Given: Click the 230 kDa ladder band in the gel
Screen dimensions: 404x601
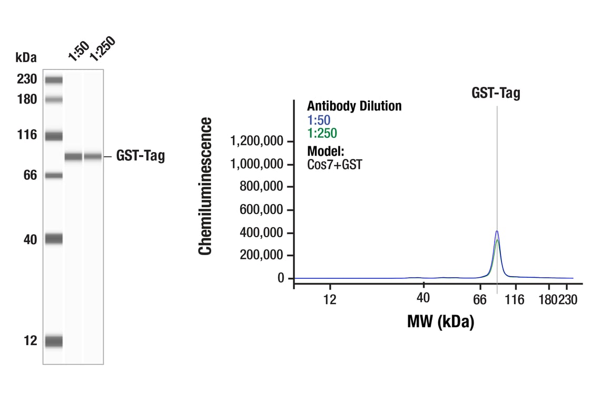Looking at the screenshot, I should (54, 80).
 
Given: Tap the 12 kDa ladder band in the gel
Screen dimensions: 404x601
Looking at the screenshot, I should (54, 341).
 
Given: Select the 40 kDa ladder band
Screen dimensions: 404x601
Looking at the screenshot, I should (54, 239).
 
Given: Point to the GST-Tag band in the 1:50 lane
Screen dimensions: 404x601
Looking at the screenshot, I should (73, 156).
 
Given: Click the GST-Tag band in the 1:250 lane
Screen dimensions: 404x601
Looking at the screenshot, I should (93, 156).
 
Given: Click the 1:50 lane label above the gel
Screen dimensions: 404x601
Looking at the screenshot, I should (78, 51).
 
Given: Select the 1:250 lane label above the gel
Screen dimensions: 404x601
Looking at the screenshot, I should (102, 48).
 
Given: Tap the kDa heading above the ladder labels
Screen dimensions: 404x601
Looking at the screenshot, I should (26, 56).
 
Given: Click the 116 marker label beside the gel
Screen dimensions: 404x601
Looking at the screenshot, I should (26, 135).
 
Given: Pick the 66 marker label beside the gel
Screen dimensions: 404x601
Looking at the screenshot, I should (29, 175).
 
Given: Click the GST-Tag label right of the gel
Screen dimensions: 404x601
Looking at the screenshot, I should (140, 156).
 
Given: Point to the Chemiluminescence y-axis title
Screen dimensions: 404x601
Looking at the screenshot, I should (205, 186).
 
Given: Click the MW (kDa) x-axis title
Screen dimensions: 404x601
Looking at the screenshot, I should (440, 321).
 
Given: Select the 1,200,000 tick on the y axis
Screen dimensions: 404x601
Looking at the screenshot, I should (258, 142).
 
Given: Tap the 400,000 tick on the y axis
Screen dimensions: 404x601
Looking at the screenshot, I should (262, 233).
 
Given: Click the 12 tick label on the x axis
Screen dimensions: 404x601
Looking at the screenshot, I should (330, 299).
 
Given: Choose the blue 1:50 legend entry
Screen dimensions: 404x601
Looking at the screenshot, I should (319, 120).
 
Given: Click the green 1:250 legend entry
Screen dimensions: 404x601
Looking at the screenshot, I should (322, 133).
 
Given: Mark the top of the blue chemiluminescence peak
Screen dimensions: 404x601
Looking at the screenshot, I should (497, 231).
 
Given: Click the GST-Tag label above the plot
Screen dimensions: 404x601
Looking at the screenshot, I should (496, 94).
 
